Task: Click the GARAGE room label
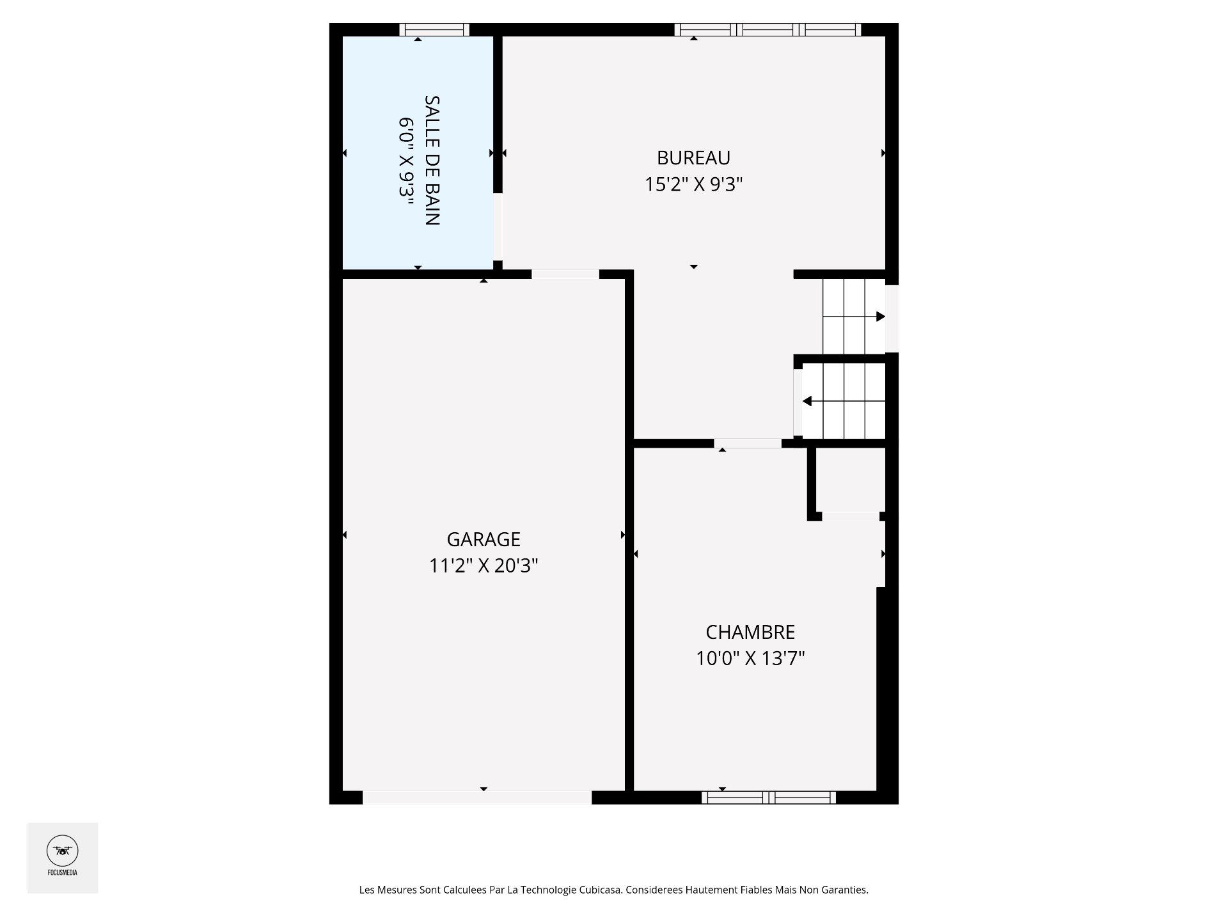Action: (484, 539)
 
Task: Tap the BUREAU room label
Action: (693, 157)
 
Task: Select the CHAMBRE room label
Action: (750, 632)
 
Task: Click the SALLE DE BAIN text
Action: (432, 161)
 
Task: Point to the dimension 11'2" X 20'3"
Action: (484, 566)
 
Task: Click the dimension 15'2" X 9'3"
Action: (693, 184)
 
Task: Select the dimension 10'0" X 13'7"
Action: (750, 658)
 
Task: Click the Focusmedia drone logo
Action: (63, 851)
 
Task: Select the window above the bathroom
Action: (434, 29)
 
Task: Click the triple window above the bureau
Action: (767, 29)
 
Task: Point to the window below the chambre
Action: (769, 797)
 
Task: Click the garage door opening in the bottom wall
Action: (477, 798)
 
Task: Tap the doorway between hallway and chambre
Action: (748, 443)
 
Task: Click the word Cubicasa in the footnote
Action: (601, 890)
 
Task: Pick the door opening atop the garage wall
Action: (565, 274)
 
